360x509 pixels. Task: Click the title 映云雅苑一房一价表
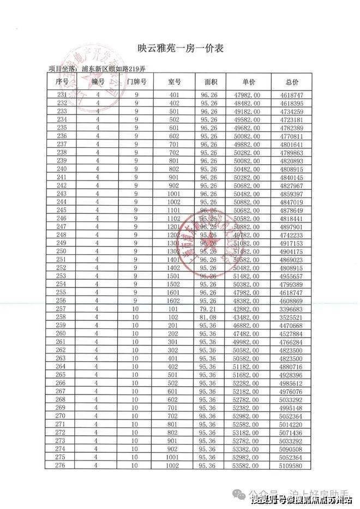tap(181, 49)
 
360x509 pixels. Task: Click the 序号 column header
tap(62, 81)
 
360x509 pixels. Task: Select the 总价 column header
tap(292, 81)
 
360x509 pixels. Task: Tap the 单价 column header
tap(248, 81)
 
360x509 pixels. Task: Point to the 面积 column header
tap(211, 81)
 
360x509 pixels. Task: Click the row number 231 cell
tap(62, 95)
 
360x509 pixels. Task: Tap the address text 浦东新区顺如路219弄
tap(114, 69)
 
